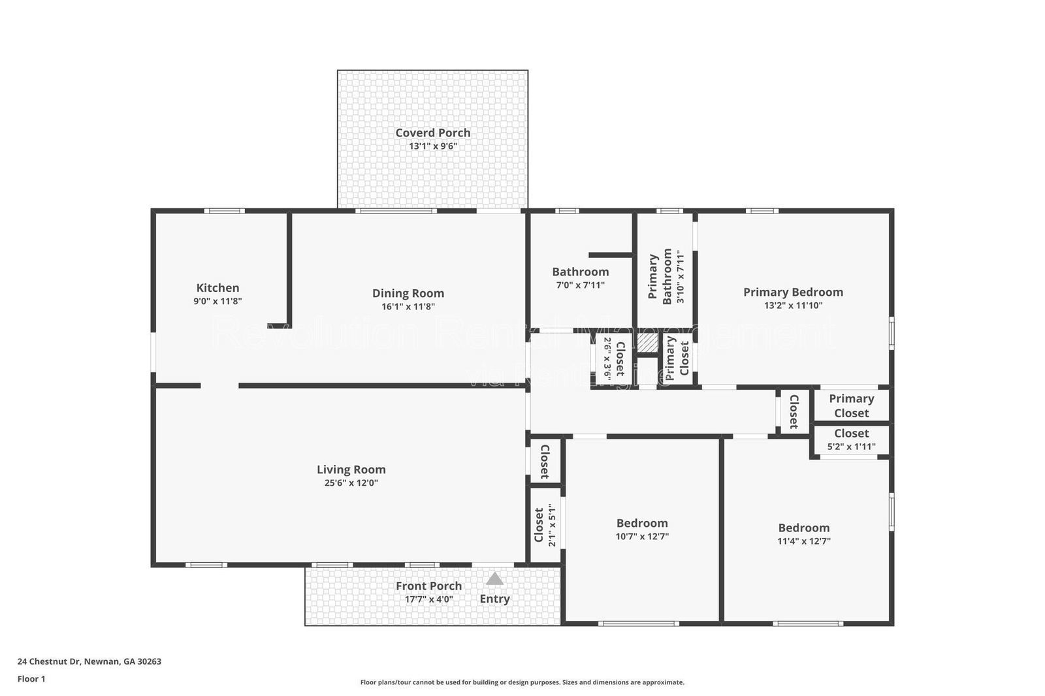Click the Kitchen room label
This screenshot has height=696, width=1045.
click(x=217, y=288)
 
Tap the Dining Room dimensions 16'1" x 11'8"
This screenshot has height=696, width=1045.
click(x=408, y=307)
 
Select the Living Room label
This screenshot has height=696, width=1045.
click(x=351, y=469)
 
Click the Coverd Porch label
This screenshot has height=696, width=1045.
click(x=432, y=133)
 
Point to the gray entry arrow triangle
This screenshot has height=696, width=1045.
click(x=494, y=579)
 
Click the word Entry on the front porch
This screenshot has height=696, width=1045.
click(x=494, y=599)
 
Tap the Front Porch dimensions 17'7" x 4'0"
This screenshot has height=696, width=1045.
click(x=428, y=599)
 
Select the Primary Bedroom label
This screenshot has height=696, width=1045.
click(x=793, y=292)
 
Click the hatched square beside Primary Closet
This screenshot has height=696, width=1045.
click(x=647, y=344)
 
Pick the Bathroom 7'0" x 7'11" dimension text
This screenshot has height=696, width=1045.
click(x=580, y=285)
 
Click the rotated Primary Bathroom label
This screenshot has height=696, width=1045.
click(x=660, y=277)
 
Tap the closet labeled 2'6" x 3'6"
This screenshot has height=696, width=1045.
click(x=613, y=359)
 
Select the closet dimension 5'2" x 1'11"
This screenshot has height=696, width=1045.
click(x=851, y=447)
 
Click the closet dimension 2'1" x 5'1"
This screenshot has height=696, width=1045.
click(x=552, y=525)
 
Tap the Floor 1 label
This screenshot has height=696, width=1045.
click(x=31, y=679)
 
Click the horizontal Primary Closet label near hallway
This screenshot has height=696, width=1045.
click(x=851, y=405)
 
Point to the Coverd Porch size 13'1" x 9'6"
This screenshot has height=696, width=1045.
click(x=432, y=146)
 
